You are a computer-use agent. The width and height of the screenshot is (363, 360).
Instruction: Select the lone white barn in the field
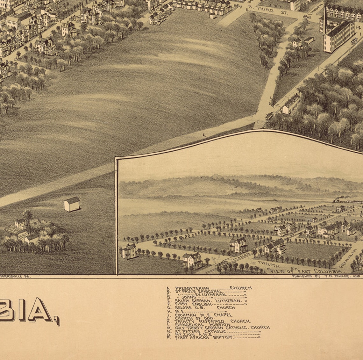coord(72,204)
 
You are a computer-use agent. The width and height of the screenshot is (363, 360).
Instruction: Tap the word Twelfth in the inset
coord(268,264)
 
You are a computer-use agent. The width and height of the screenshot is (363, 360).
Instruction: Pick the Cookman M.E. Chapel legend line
coord(203,315)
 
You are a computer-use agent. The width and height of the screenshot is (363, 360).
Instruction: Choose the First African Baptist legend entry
coord(204,337)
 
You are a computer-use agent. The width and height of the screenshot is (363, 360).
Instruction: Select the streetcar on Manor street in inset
coord(222,264)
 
